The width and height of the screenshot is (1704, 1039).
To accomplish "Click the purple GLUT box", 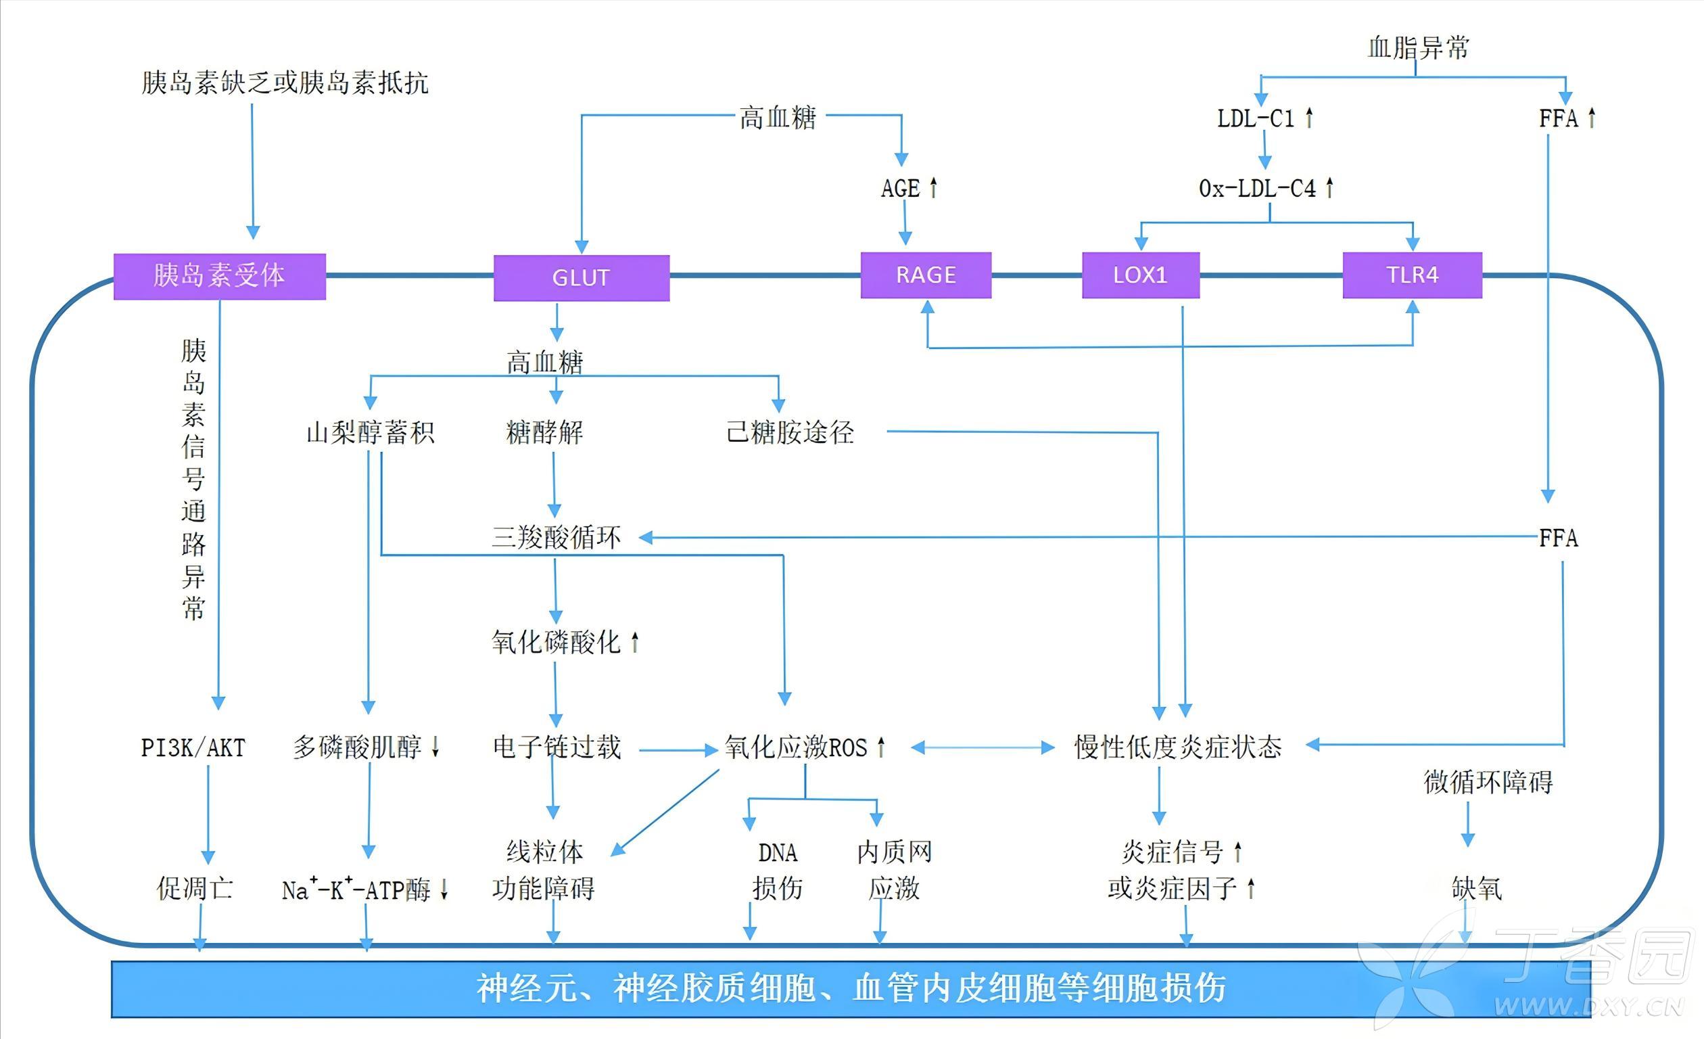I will [581, 277].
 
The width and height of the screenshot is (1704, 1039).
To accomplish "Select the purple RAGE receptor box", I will [925, 275].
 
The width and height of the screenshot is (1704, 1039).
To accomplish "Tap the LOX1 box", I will [1139, 275].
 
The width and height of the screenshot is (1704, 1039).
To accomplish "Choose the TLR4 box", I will [1411, 275].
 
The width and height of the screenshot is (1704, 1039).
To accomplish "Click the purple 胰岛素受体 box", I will [219, 275].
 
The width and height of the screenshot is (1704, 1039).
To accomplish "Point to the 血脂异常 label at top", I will [1418, 47].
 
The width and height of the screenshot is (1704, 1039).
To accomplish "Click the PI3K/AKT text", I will [193, 747].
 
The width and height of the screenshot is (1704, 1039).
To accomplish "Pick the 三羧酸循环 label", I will [556, 538].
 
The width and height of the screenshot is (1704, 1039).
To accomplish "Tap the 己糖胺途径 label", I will [790, 432].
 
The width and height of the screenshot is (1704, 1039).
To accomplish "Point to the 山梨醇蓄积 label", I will [370, 432].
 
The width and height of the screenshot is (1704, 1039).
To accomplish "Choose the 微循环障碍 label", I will [1488, 783].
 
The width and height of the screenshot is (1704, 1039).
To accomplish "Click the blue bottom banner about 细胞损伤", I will [851, 988].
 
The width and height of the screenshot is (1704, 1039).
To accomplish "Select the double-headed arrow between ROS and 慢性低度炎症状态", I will [982, 747].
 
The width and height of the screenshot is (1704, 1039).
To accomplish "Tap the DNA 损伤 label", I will [778, 870].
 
